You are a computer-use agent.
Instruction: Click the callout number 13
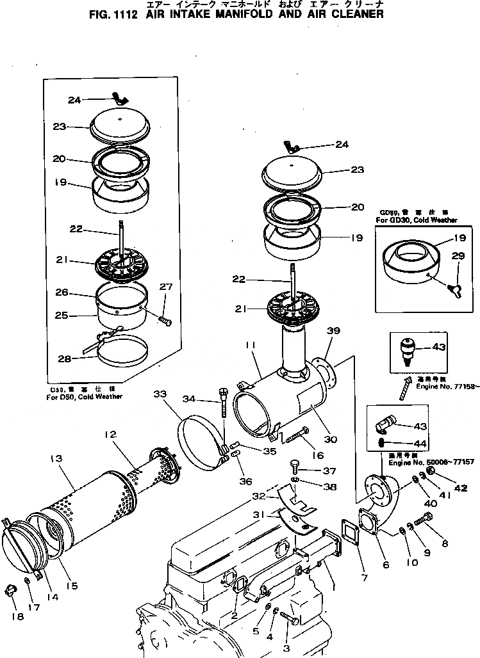pyautogui.click(x=54, y=458)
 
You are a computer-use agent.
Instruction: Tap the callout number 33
pyautogui.click(x=160, y=395)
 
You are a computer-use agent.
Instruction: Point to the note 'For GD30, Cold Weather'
pyautogui.click(x=417, y=220)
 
